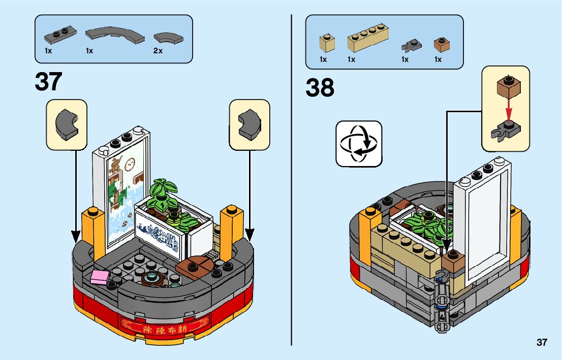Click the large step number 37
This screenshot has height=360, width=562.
click(x=49, y=82)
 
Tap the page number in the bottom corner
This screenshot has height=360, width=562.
click(x=542, y=342)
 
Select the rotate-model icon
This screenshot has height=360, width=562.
click(x=359, y=144)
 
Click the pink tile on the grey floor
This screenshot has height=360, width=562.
click(x=100, y=277)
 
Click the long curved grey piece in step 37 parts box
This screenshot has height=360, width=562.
click(x=114, y=36)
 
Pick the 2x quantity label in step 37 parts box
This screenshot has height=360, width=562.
click(x=158, y=51)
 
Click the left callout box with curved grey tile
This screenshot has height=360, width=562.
click(x=67, y=124)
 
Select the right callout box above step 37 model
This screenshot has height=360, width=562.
click(x=249, y=124)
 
